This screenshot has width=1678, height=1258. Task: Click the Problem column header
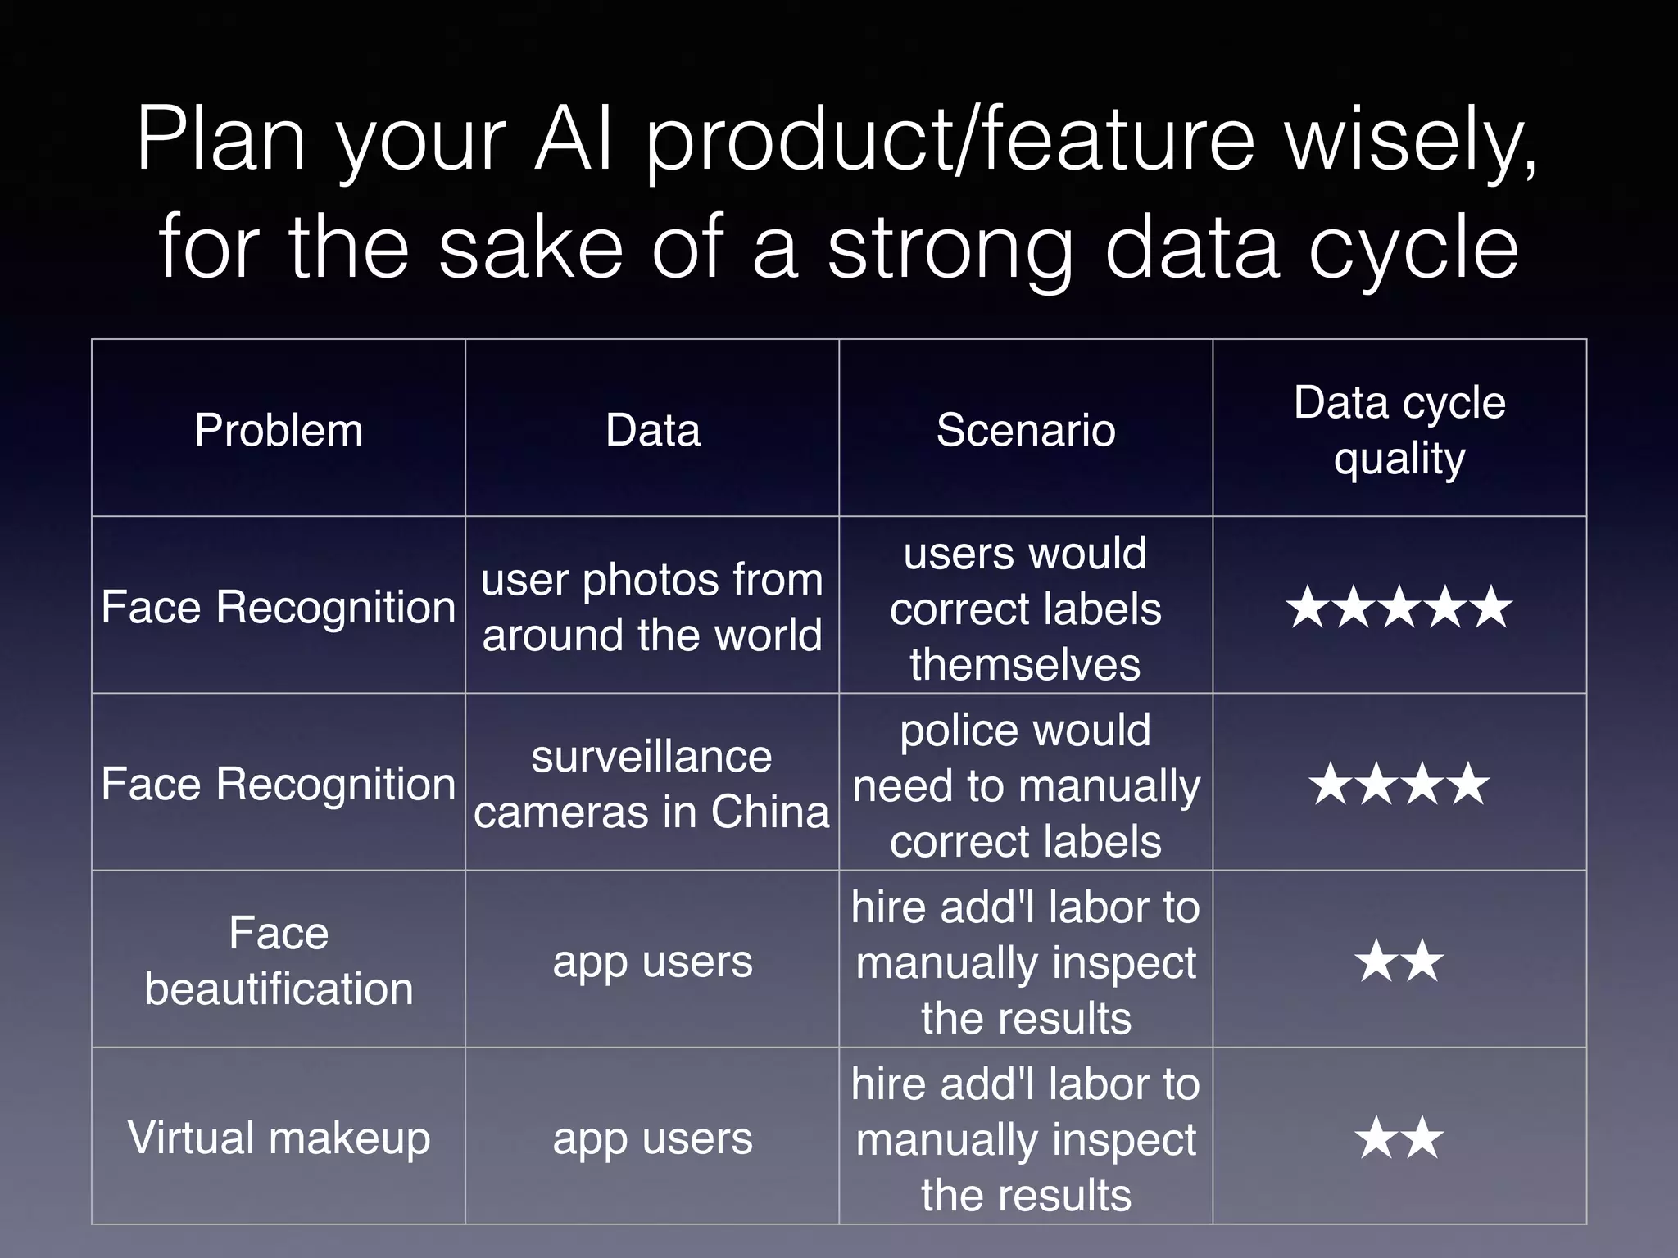tap(279, 430)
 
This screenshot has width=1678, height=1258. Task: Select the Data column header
tap(653, 430)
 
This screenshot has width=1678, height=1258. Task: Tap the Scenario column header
tap(1026, 430)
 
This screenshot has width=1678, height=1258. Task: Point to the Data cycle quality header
tap(1399, 430)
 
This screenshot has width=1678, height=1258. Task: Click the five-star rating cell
tap(1399, 608)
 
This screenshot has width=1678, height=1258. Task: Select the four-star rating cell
tap(1399, 785)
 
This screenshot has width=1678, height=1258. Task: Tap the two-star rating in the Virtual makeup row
tap(1399, 1138)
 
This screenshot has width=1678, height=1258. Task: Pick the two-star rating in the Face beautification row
tap(1399, 962)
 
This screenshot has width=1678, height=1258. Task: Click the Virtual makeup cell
tap(279, 1138)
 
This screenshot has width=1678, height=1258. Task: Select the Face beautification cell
tap(279, 961)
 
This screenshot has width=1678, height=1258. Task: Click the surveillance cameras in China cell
tap(651, 784)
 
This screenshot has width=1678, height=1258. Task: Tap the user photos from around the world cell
tap(651, 607)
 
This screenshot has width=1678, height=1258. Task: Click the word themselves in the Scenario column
tap(1025, 663)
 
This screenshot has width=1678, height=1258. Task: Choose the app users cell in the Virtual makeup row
tap(652, 1138)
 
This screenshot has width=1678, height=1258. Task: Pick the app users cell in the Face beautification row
tap(652, 962)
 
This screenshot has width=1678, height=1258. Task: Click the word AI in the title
tap(573, 139)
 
